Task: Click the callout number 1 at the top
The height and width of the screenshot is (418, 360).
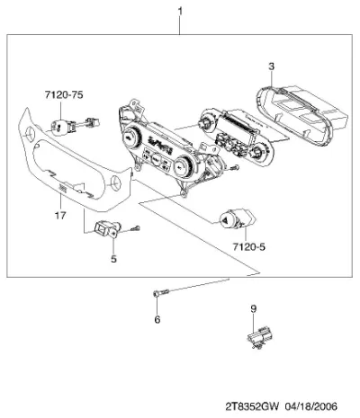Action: [x=180, y=12]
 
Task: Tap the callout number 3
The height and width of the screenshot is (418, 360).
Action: [x=271, y=67]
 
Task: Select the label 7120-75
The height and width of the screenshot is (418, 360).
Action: [x=64, y=95]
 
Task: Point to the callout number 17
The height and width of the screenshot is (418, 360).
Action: [x=60, y=215]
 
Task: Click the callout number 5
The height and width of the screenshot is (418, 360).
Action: [x=113, y=259]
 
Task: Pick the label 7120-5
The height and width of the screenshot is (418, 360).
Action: [x=249, y=247]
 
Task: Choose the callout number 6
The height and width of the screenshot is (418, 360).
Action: [x=157, y=319]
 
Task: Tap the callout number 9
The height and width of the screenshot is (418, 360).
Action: [x=254, y=308]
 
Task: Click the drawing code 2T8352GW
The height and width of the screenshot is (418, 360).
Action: [x=252, y=406]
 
